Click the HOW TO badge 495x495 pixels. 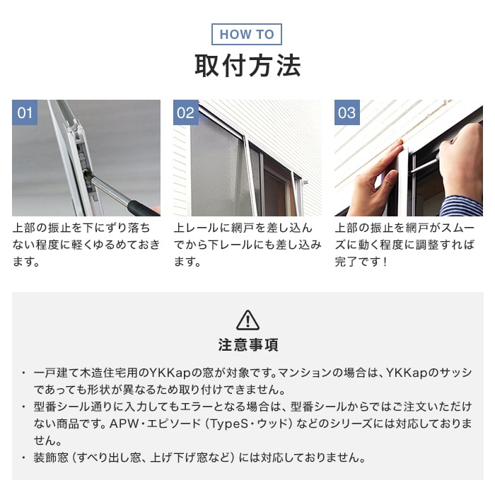tap(247, 34)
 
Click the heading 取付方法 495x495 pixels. tap(248, 66)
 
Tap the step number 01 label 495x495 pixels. tap(25, 112)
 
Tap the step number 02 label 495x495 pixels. tap(185, 112)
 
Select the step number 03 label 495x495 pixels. tap(347, 112)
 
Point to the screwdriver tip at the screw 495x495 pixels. tap(86, 172)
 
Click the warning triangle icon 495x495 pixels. tap(248, 320)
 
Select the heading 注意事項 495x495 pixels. tap(248, 345)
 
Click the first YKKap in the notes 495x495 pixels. tap(170, 373)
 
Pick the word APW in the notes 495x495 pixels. tap(124, 424)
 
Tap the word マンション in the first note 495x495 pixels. tap(305, 373)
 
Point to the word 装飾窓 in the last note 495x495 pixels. tap(51, 458)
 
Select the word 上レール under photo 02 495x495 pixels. tap(196, 228)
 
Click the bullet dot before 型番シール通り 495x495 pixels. tap(23, 407)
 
